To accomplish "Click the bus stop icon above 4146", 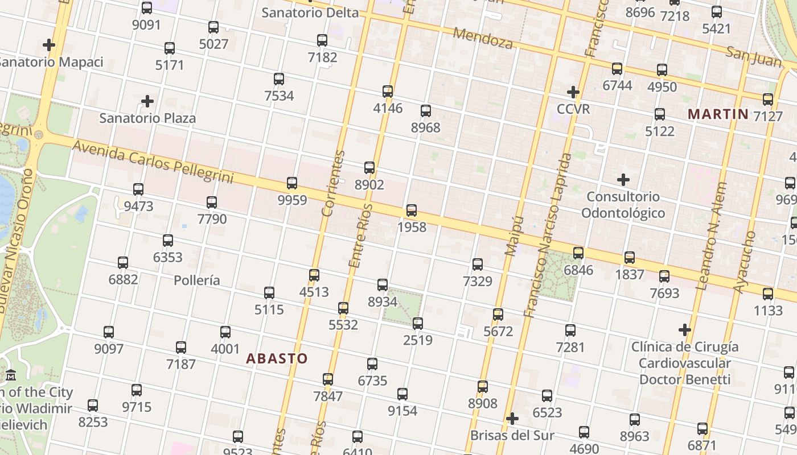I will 388,92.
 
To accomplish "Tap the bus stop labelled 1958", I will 412,210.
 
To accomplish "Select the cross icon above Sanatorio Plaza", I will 147,101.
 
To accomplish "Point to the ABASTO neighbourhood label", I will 277,358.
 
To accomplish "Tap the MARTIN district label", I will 718,114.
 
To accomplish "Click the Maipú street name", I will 514,235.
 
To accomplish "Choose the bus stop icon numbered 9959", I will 292,183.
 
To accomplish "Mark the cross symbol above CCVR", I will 573,92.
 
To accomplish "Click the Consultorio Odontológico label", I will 623,205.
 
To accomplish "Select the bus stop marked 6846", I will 578,253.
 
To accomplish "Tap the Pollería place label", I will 196,280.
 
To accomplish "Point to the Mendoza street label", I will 483,38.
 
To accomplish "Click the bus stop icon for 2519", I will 418,324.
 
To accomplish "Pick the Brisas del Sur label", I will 512,436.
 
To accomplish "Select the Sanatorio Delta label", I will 310,13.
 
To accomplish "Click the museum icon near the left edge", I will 11,375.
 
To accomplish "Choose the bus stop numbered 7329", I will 478,264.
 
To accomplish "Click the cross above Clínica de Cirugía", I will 685,329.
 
